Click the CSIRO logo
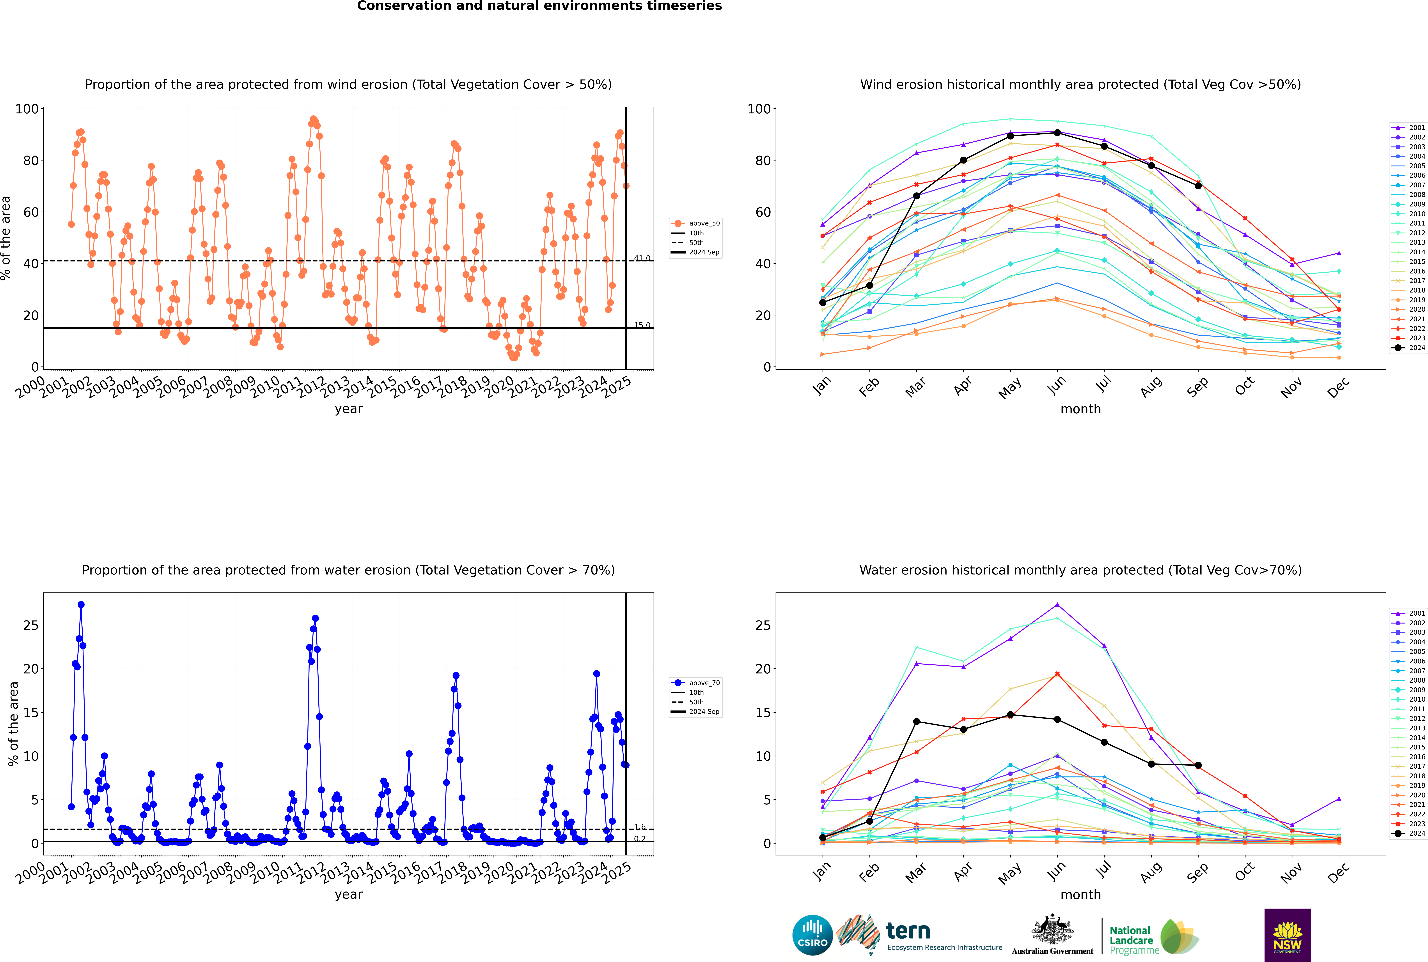812,935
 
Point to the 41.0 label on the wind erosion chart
642,258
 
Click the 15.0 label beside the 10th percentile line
642,325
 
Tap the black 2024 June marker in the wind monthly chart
1057,132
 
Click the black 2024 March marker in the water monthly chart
917,721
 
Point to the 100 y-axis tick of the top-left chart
27,109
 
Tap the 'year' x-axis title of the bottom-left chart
349,895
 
